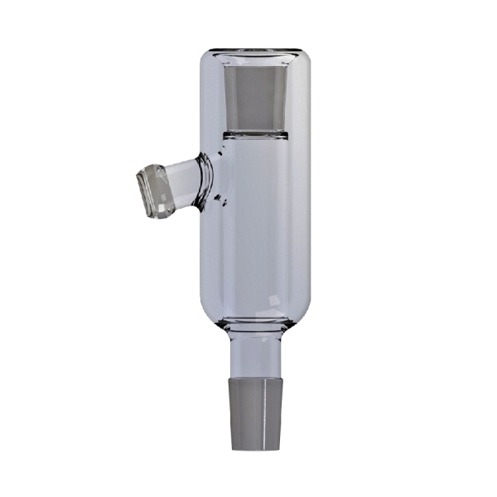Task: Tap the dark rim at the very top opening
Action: (253, 51)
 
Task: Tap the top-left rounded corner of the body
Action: (209, 62)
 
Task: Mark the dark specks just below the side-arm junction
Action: (220, 199)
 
